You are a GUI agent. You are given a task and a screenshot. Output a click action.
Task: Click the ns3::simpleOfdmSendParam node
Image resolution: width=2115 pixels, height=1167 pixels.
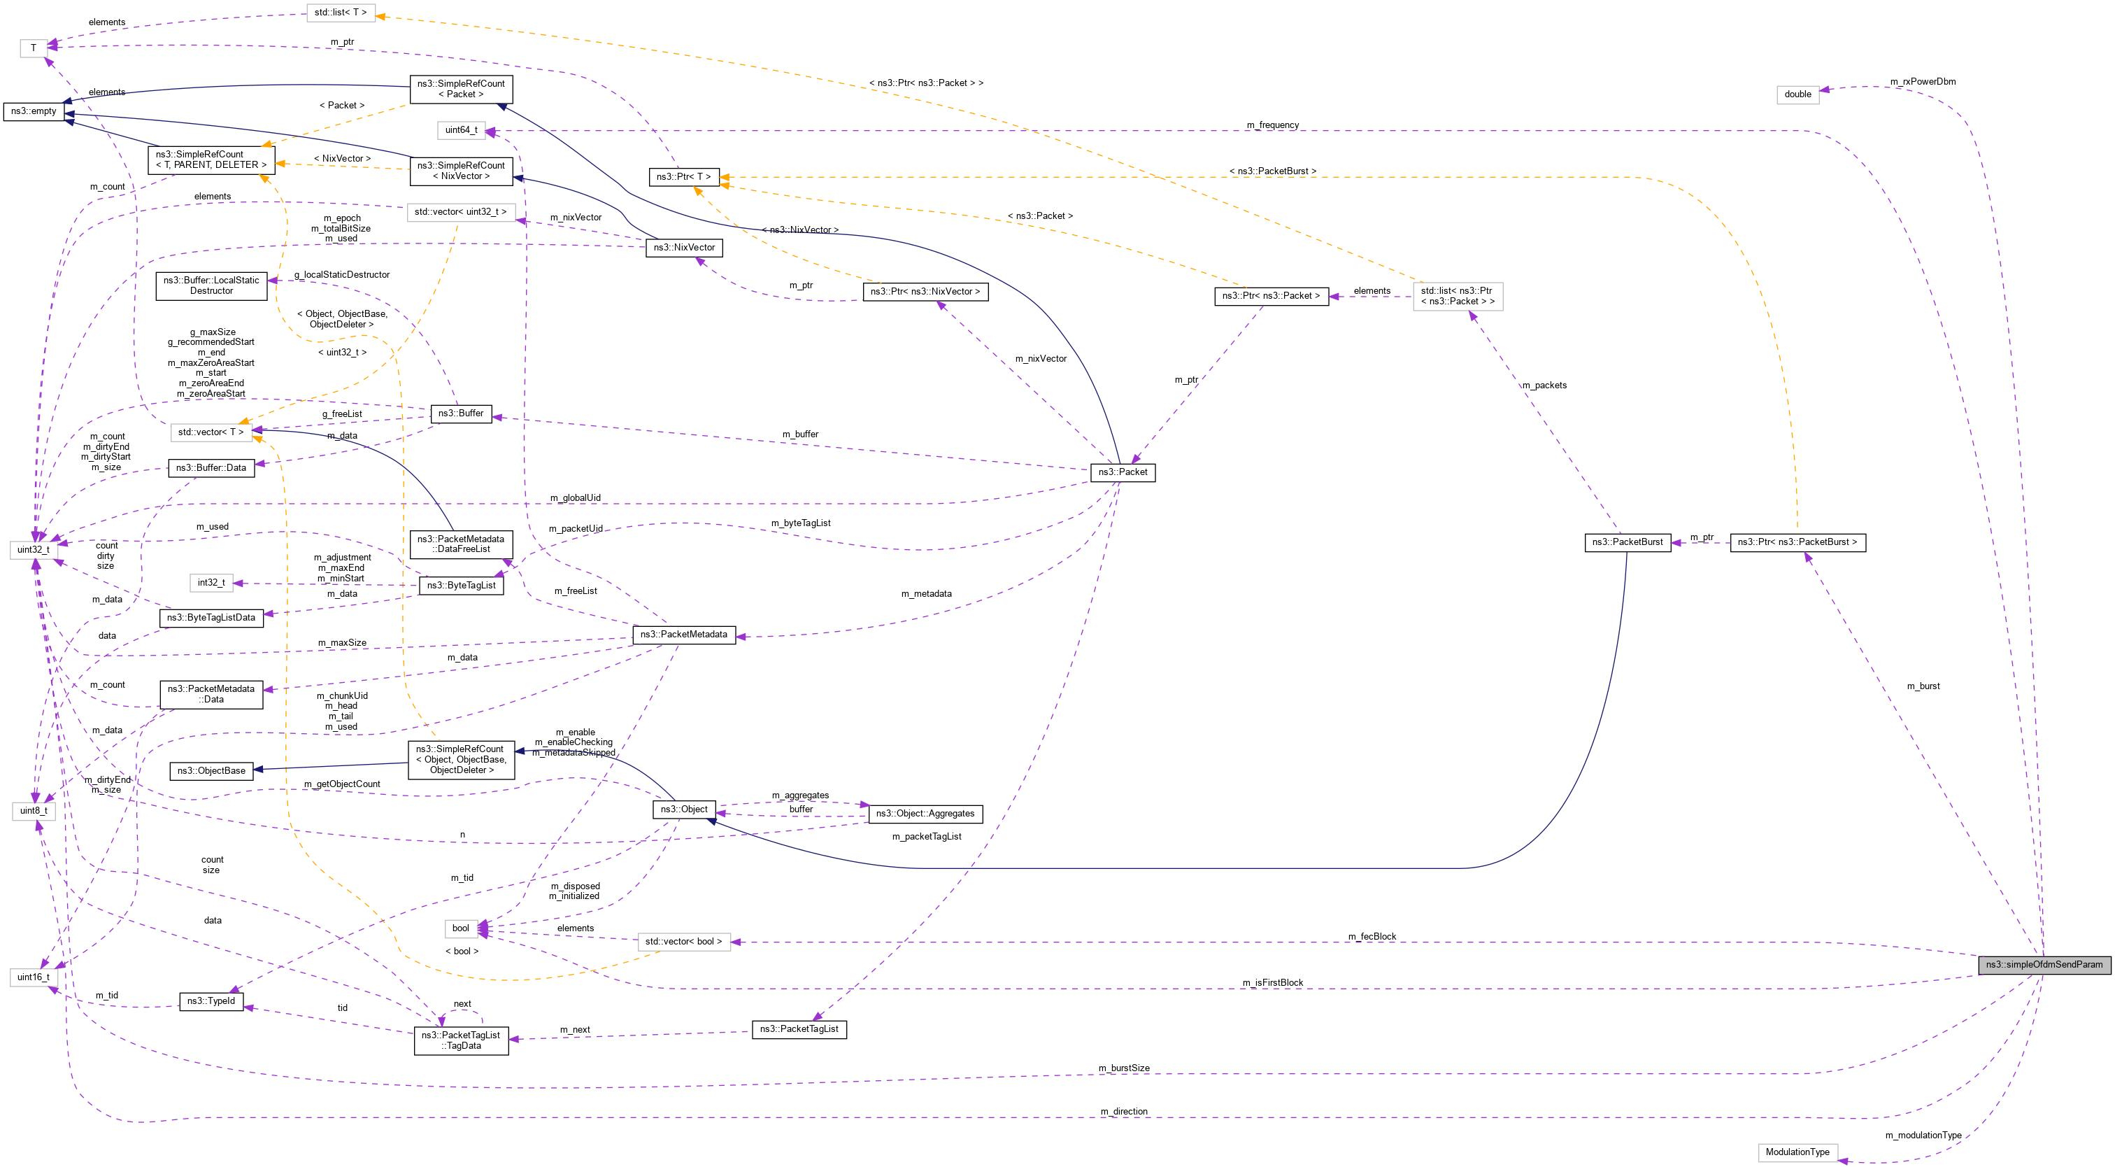(2044, 964)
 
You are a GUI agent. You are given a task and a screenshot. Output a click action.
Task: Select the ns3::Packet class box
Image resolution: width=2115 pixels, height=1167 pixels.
(1123, 472)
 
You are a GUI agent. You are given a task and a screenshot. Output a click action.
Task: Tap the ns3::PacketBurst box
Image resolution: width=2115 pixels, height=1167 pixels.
(1627, 542)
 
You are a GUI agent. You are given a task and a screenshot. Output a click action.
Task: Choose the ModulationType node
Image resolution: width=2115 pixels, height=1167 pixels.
(1797, 1152)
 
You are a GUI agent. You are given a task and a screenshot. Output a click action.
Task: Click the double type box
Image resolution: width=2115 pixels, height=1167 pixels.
(1797, 94)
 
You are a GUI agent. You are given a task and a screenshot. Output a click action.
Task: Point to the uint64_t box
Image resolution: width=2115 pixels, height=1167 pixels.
(461, 129)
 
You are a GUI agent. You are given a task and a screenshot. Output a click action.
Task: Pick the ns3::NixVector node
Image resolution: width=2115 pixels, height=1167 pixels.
(684, 247)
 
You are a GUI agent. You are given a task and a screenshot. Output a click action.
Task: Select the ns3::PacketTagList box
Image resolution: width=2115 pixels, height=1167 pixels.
(799, 1029)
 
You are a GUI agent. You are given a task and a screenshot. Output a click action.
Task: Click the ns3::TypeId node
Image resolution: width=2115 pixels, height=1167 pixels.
(211, 1001)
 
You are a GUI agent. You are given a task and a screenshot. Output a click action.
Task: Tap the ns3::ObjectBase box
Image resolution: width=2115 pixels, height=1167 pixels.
(211, 770)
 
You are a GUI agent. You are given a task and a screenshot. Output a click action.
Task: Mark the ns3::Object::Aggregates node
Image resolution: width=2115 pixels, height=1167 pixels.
(925, 814)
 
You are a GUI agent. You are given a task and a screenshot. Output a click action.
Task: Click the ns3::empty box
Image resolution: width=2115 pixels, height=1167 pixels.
(34, 111)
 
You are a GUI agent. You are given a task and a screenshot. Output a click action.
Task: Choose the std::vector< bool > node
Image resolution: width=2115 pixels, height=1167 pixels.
(683, 942)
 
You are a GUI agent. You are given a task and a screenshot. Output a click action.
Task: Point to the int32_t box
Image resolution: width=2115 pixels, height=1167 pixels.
(211, 582)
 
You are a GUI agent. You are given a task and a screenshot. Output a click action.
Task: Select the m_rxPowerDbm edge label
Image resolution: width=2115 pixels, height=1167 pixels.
(1922, 81)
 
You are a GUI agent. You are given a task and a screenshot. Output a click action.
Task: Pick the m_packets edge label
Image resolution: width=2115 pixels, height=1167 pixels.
(1544, 386)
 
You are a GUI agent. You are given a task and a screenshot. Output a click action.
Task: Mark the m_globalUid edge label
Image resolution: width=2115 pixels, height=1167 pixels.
(575, 497)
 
